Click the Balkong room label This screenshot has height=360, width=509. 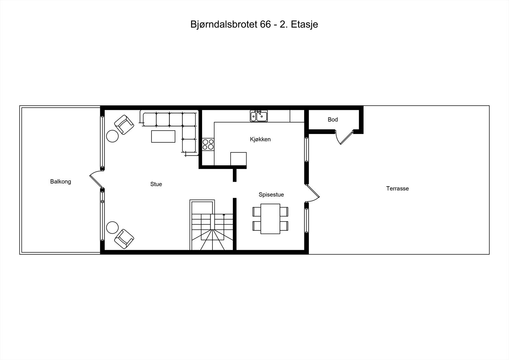[x=60, y=182]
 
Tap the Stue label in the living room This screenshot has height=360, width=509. [x=156, y=184]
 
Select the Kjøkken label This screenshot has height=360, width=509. [x=260, y=139]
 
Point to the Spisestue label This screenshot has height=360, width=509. [x=271, y=195]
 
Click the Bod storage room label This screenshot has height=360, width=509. [x=333, y=120]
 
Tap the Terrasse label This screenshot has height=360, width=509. [x=397, y=188]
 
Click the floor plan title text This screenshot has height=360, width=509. [x=254, y=25]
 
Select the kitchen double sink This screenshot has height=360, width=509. [x=259, y=116]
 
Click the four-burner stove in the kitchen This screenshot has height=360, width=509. [x=208, y=144]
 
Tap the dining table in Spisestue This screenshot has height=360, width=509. [x=270, y=219]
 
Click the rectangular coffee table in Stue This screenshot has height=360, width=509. [x=163, y=136]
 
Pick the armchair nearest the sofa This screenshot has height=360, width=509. [x=124, y=124]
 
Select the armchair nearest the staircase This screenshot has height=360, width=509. [x=124, y=239]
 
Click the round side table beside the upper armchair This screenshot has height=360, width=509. [x=112, y=136]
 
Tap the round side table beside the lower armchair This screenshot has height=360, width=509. [x=112, y=228]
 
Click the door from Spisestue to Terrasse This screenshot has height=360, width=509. [x=313, y=193]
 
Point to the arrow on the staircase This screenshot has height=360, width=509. [x=224, y=215]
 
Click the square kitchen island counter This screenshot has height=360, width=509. [x=238, y=159]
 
